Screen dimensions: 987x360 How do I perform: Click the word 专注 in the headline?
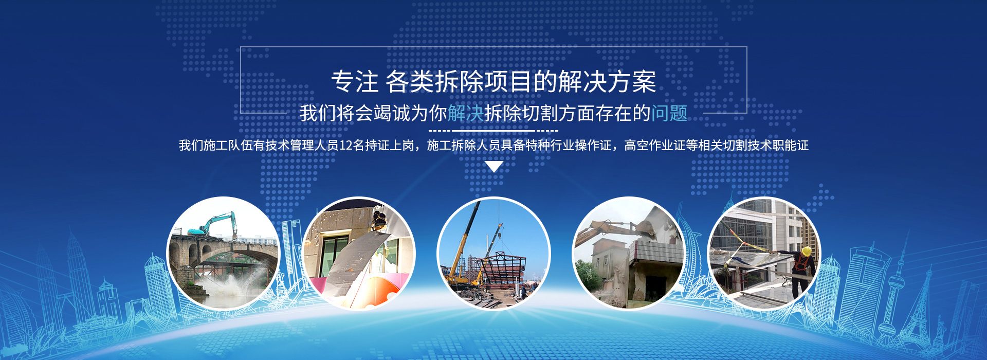[x=355, y=82]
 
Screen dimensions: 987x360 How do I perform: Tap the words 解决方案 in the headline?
[x=607, y=82]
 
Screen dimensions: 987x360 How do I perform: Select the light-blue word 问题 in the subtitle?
[x=669, y=113]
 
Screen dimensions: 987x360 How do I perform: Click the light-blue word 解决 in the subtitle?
[x=466, y=113]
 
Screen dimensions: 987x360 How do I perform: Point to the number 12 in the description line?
[x=345, y=146]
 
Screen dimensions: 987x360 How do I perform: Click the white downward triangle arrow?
[x=494, y=167]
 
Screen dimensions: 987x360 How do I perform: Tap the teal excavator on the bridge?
[x=213, y=226]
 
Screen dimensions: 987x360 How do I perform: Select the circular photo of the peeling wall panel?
[x=359, y=254]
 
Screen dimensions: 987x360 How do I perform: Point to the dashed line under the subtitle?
[x=493, y=131]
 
